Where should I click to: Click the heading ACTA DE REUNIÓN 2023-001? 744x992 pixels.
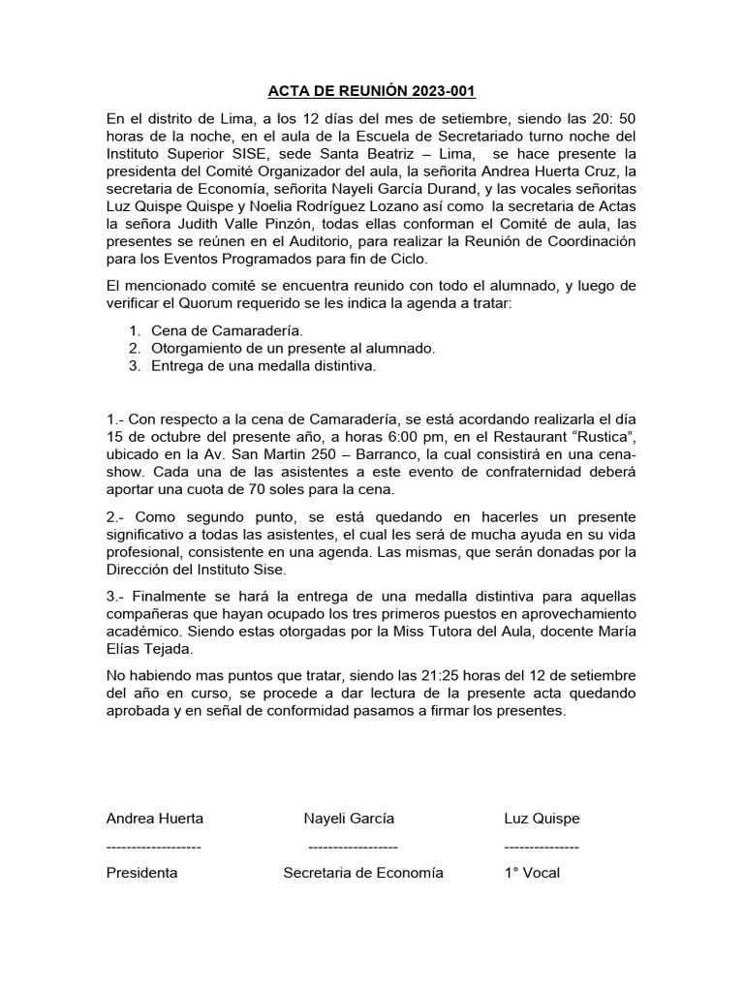[x=372, y=92]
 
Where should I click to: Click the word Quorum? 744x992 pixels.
[x=200, y=304]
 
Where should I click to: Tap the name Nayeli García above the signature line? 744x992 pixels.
[x=349, y=819]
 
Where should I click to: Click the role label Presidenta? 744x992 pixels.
[x=141, y=872]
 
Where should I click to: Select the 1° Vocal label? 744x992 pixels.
[x=532, y=872]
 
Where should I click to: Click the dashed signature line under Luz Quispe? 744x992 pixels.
[x=542, y=846]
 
